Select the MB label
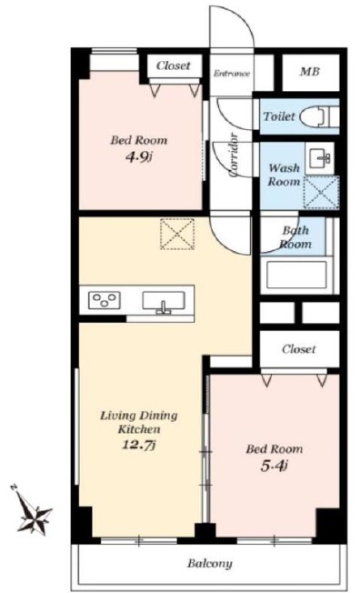(x=310, y=72)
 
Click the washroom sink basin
(x=320, y=159)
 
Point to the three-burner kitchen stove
(x=105, y=300)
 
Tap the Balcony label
(x=210, y=564)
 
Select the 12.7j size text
(x=138, y=445)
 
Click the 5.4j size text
(x=275, y=466)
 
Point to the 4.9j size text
(x=138, y=156)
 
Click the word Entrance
(x=232, y=74)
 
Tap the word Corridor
(x=234, y=156)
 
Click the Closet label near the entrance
(x=174, y=65)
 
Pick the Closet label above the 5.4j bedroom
(x=299, y=348)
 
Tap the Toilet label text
(x=279, y=116)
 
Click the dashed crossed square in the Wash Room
(x=322, y=192)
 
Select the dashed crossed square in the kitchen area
(x=177, y=234)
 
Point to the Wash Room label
(x=284, y=175)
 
